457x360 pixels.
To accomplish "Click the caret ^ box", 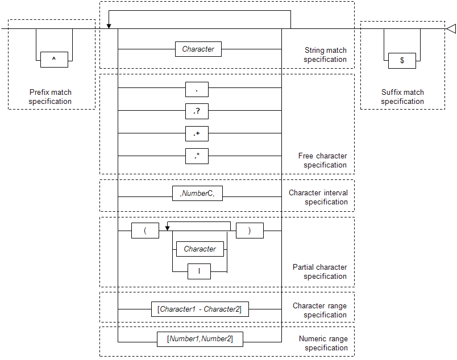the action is (x=54, y=60).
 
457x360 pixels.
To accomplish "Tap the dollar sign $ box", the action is (x=402, y=61).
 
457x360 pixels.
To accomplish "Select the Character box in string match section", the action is (x=198, y=49).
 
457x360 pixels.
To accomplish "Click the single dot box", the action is (x=197, y=89).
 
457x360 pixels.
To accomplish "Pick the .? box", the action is (x=197, y=111).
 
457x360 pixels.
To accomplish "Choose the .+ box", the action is (x=197, y=133).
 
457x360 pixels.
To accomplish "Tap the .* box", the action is (x=197, y=156).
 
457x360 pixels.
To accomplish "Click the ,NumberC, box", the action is (x=197, y=194).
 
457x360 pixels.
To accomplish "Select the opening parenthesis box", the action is (x=145, y=231).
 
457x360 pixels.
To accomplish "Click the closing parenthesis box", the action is (x=250, y=231).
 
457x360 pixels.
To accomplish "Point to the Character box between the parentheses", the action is (x=200, y=249).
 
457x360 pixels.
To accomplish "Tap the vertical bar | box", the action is (x=199, y=271).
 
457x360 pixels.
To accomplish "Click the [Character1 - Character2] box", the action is (x=200, y=309).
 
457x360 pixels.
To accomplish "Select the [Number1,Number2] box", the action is (x=200, y=339).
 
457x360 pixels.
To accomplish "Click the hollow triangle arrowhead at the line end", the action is (x=451, y=28).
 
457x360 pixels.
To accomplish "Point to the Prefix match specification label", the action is (x=50, y=97).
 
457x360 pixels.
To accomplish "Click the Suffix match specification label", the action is (x=402, y=97).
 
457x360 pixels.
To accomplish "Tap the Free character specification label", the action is (x=323, y=161).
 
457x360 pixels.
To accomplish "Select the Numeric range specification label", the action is (x=323, y=343).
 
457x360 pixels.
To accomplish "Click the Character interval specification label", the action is (x=318, y=197).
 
